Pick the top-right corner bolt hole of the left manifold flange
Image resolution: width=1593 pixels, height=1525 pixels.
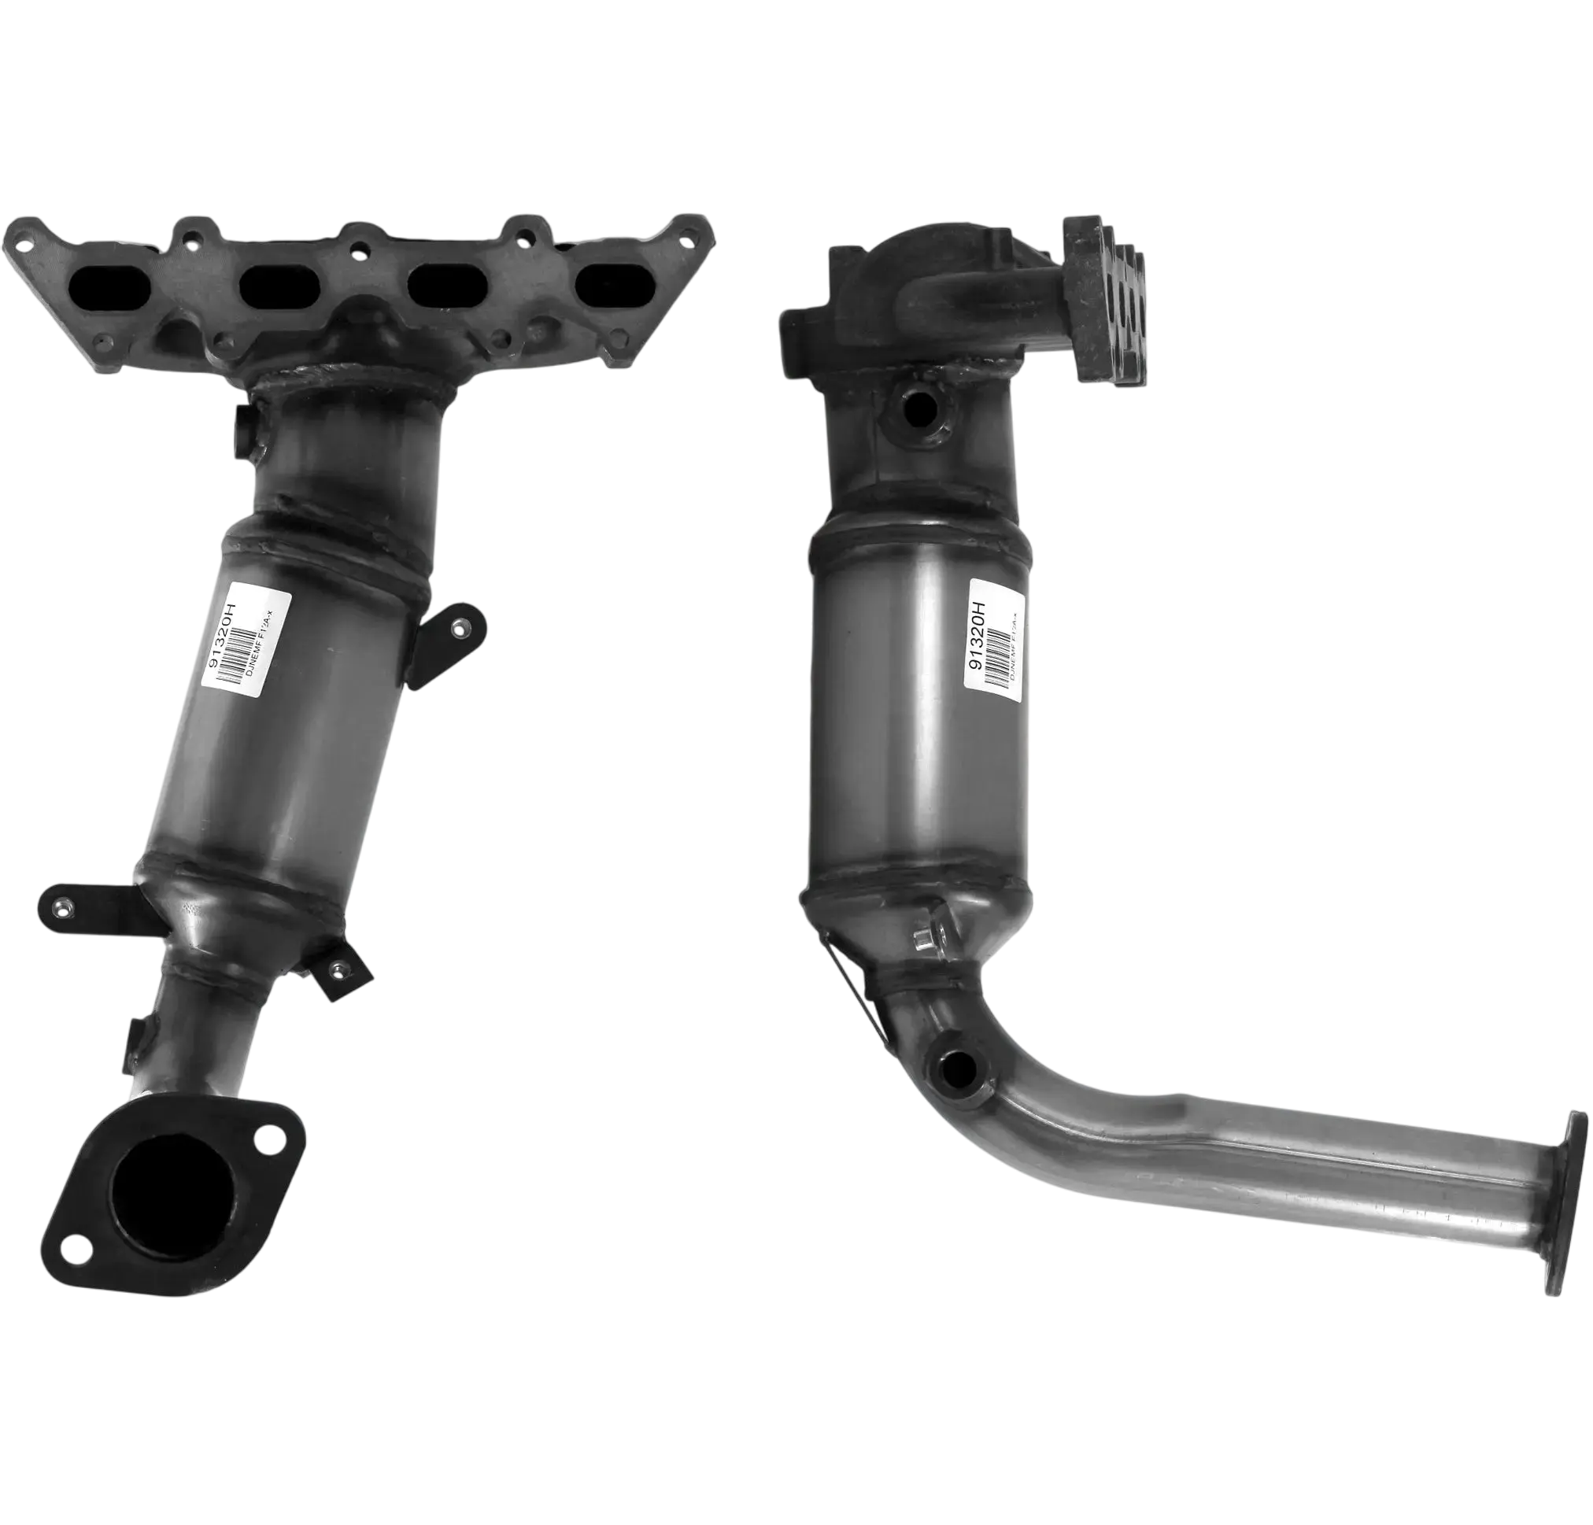pos(691,237)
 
